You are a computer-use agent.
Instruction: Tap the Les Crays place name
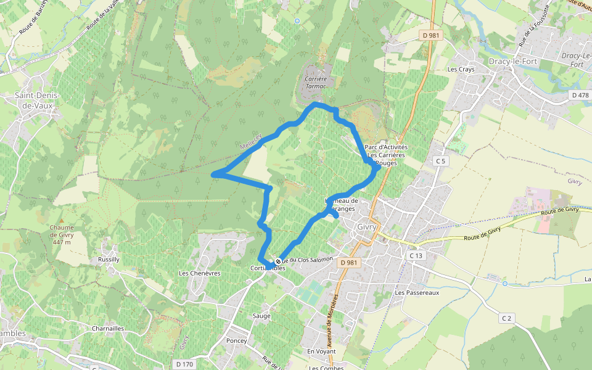click(x=461, y=69)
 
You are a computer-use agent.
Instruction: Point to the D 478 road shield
click(x=580, y=95)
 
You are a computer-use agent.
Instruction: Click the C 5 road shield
click(x=440, y=161)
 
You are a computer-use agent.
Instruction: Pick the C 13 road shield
click(x=415, y=255)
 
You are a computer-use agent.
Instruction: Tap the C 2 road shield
click(x=506, y=318)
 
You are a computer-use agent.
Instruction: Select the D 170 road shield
click(x=183, y=364)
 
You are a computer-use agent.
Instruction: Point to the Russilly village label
click(x=109, y=260)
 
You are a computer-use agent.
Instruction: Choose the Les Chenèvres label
click(x=200, y=273)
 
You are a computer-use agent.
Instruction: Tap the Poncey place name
click(x=236, y=341)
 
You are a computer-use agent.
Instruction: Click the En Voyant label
click(x=321, y=351)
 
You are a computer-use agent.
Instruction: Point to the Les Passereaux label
click(x=417, y=293)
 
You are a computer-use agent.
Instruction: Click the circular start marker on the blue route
click(x=278, y=261)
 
